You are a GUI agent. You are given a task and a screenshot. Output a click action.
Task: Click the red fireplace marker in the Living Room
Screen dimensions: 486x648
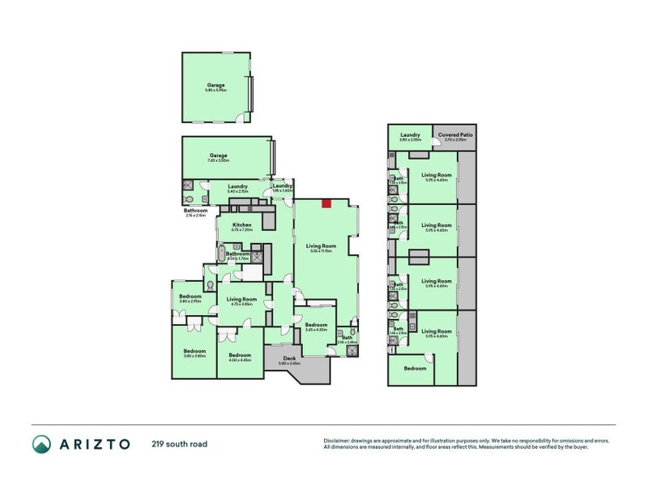point(327,202)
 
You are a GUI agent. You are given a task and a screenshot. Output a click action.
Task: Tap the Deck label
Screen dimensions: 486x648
point(289,360)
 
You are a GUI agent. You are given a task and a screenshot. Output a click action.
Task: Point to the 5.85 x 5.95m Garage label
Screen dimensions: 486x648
point(216,87)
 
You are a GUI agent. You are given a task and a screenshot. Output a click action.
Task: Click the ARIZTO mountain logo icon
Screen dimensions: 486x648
point(41,444)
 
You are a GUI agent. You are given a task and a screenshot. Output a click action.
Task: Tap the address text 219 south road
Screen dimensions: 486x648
point(178,444)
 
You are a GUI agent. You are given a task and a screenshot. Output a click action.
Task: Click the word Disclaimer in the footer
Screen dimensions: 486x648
point(339,441)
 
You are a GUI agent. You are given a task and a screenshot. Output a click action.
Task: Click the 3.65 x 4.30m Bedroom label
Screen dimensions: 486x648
point(316,326)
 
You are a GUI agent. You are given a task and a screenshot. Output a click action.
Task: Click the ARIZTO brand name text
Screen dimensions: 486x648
point(93,444)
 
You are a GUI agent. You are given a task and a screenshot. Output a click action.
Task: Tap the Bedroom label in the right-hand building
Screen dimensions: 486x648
point(415,369)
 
